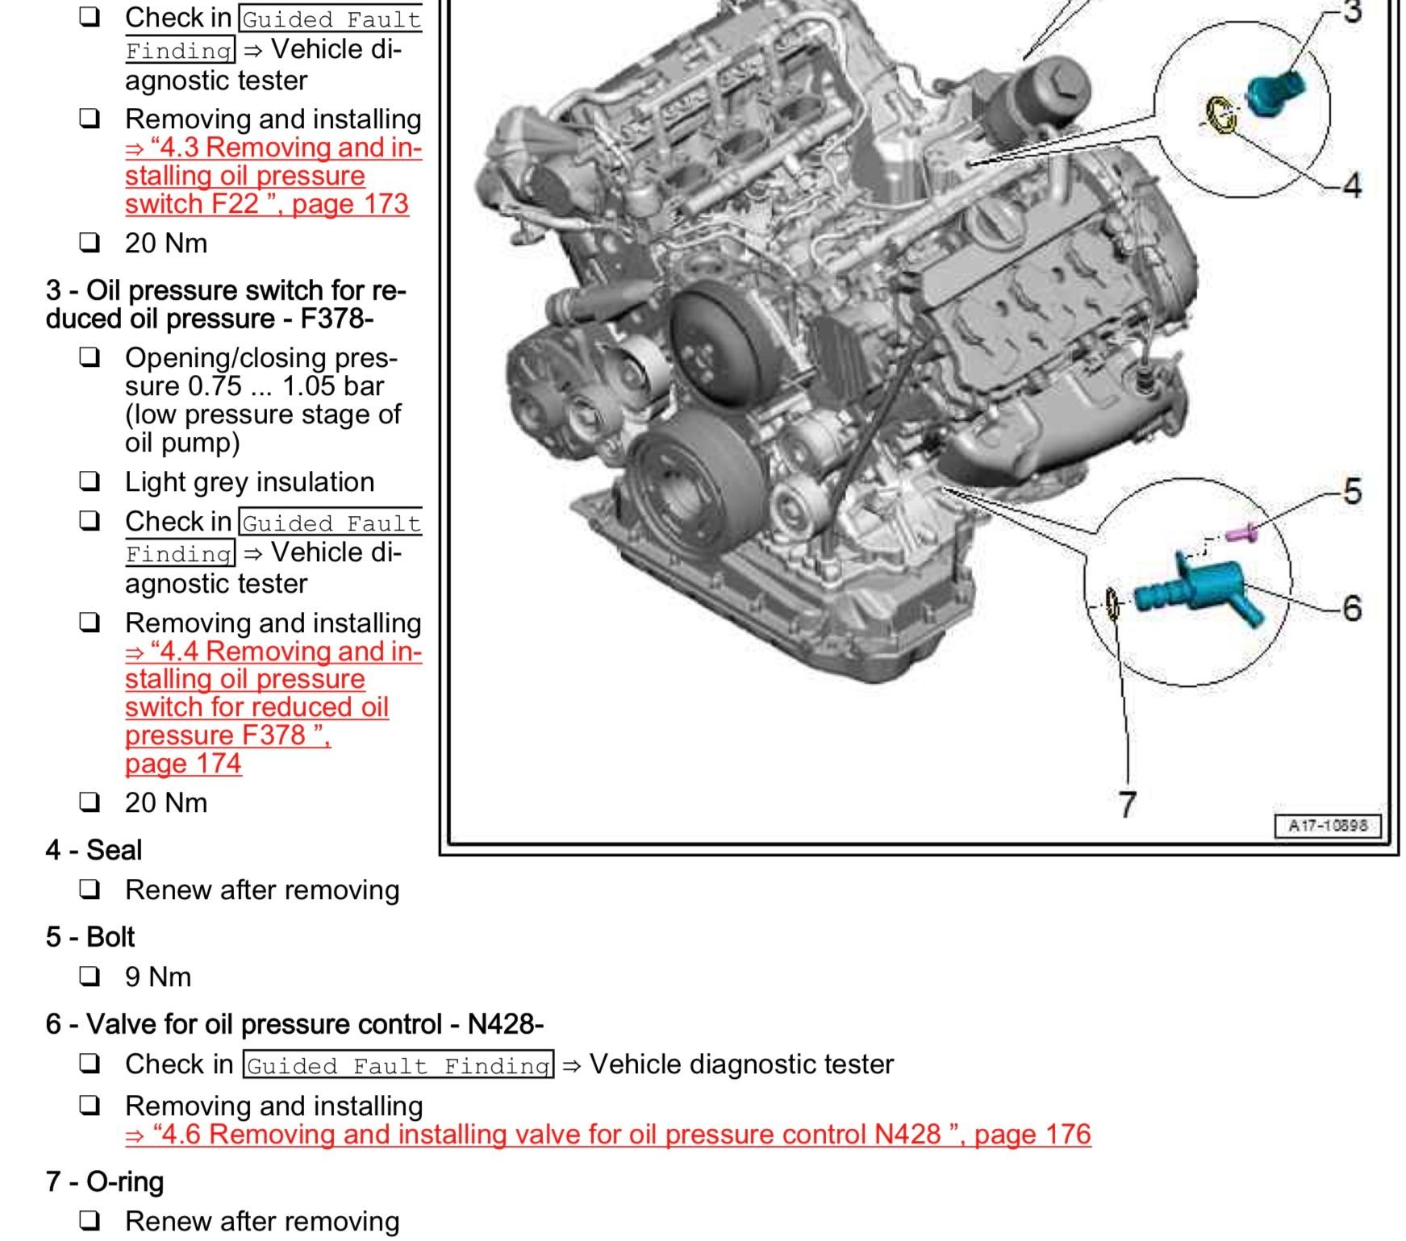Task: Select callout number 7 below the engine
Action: (x=1128, y=804)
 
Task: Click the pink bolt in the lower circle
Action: (x=1240, y=533)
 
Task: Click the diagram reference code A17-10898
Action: (x=1327, y=826)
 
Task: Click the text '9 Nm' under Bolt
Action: (x=158, y=977)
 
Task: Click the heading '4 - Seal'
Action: (x=94, y=850)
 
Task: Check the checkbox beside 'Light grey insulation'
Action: (x=90, y=481)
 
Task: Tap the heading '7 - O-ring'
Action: (x=105, y=1181)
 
